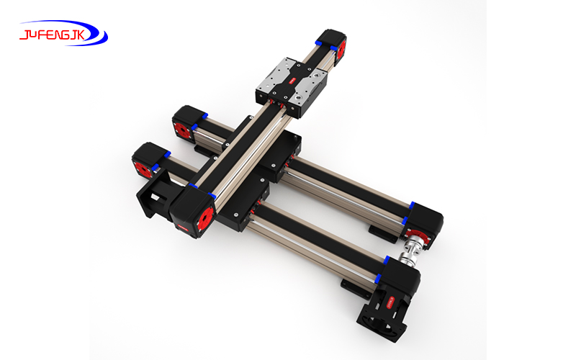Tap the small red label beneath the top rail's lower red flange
(183, 230)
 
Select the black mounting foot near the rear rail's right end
(377, 231)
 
